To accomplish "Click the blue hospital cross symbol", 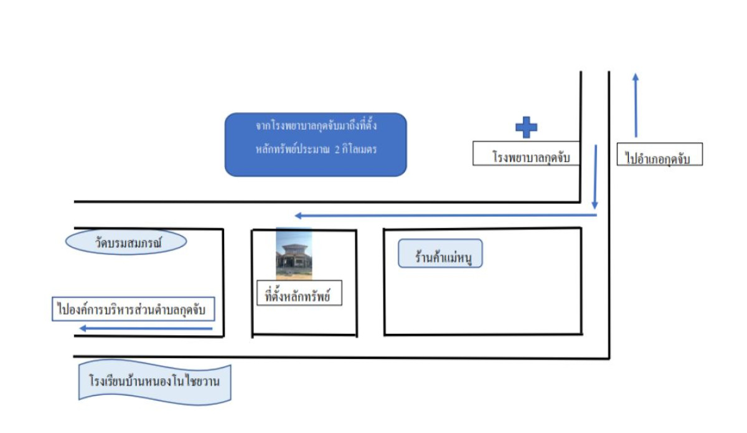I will (x=526, y=127).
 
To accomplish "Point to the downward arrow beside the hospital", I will (x=595, y=178).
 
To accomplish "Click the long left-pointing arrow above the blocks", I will (x=445, y=216).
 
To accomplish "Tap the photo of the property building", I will (x=294, y=254).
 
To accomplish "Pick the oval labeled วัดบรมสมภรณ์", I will (x=126, y=242).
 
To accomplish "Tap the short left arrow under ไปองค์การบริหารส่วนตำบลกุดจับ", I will (x=146, y=329).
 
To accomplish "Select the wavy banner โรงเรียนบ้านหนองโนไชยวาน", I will (x=155, y=381).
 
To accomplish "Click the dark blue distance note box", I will (x=316, y=145).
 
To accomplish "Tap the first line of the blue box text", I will (x=316, y=126).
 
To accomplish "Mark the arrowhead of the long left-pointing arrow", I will (x=299, y=216).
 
